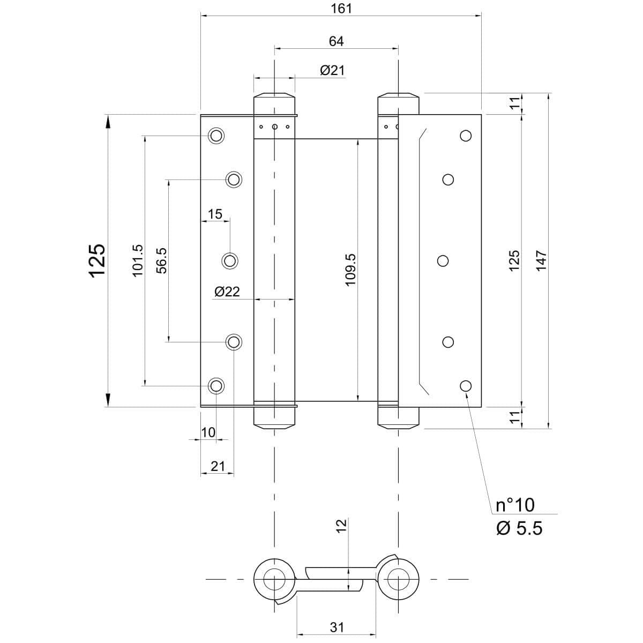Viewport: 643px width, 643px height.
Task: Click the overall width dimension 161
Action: (341, 9)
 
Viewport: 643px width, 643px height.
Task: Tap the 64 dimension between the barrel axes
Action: (336, 41)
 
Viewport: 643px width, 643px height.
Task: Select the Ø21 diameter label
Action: (332, 70)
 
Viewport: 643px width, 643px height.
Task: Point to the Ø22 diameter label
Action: (227, 291)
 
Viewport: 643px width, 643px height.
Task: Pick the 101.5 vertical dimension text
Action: (138, 260)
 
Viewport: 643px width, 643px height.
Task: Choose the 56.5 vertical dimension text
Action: (162, 260)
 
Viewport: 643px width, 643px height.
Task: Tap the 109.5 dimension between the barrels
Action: (350, 270)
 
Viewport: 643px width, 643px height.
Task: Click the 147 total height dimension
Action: (542, 260)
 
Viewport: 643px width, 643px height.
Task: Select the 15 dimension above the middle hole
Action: (215, 214)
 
